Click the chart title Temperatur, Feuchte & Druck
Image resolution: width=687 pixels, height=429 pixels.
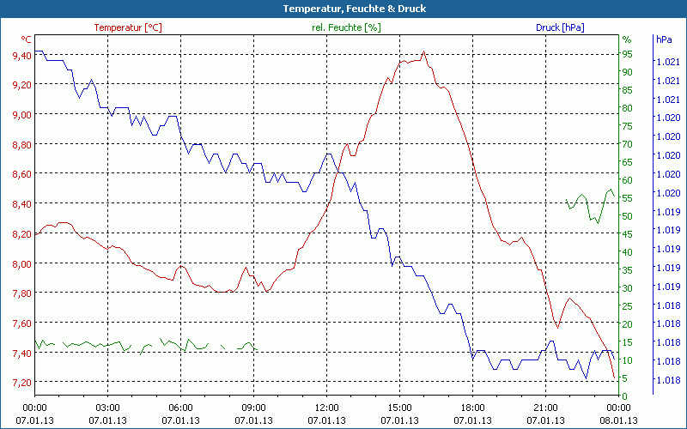click(x=343, y=9)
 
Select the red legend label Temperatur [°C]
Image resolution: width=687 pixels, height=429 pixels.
click(x=127, y=27)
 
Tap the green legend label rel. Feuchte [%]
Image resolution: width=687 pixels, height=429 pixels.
click(x=346, y=27)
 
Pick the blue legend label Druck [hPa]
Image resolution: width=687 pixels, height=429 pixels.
click(x=559, y=27)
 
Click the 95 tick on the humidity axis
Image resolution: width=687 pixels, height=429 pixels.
click(x=627, y=54)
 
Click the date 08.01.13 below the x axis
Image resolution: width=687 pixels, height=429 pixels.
click(x=619, y=420)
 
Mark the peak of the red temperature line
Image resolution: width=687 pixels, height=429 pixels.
click(x=423, y=52)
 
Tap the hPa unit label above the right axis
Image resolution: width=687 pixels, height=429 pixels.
click(x=664, y=39)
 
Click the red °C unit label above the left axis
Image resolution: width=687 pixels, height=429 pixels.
click(x=27, y=39)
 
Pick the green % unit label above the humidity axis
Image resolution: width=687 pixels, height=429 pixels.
click(x=626, y=39)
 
